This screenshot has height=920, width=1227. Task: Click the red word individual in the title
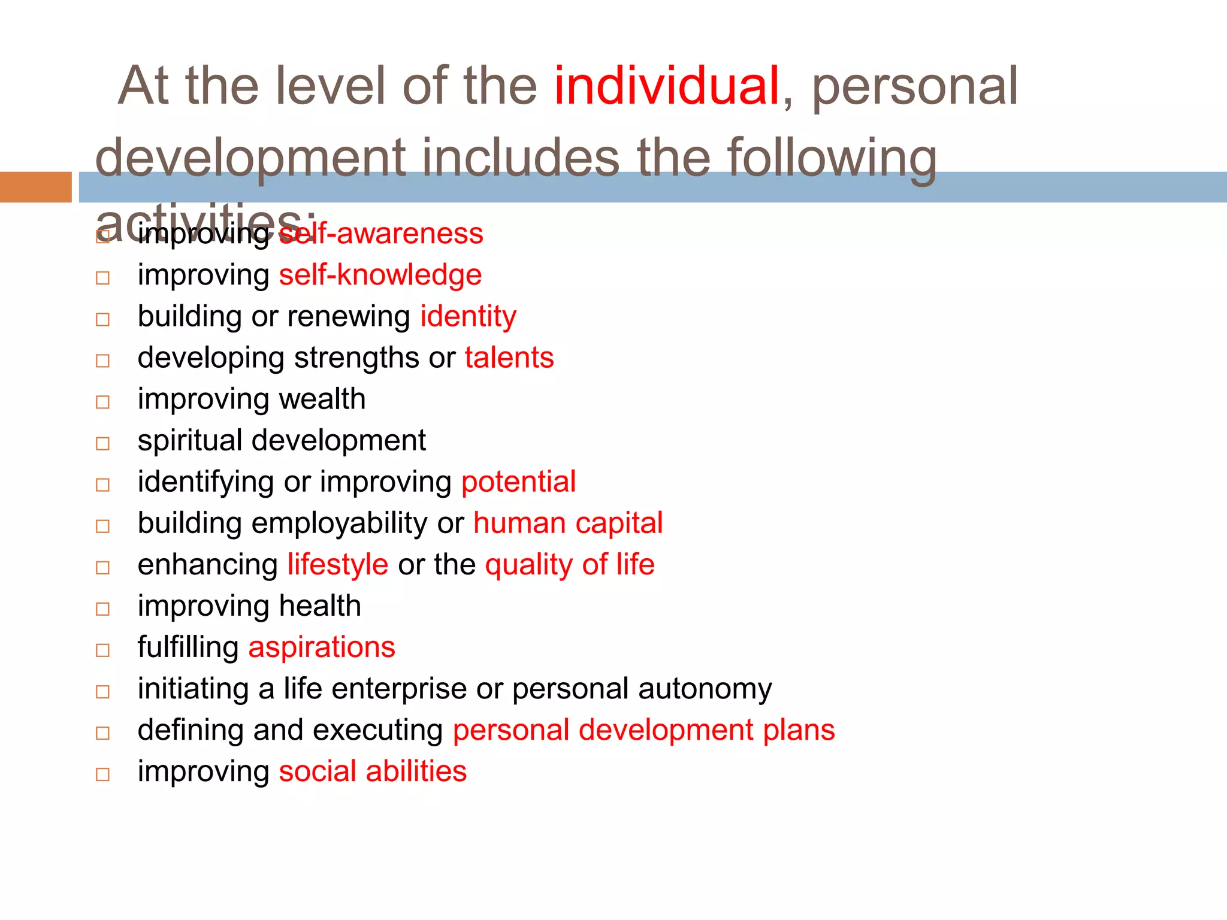[666, 86]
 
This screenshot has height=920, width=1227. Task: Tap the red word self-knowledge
[380, 276]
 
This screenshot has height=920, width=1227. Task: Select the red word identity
[468, 317]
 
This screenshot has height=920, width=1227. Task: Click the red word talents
[509, 358]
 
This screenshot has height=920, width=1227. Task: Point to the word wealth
[322, 400]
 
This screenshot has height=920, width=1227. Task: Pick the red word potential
[518, 482]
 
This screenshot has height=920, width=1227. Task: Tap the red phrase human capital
[568, 523]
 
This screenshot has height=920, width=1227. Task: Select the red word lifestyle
[338, 565]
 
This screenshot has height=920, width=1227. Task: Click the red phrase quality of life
[570, 565]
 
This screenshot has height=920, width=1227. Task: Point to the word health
[320, 606]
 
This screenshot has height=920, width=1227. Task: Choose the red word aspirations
[322, 647]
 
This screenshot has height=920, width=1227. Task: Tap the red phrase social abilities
[373, 771]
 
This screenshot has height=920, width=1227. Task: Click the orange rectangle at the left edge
[35, 187]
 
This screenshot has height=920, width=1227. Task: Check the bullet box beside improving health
[103, 609]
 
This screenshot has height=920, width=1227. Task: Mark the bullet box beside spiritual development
[103, 444]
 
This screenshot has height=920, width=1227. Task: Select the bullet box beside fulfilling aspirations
[103, 650]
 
